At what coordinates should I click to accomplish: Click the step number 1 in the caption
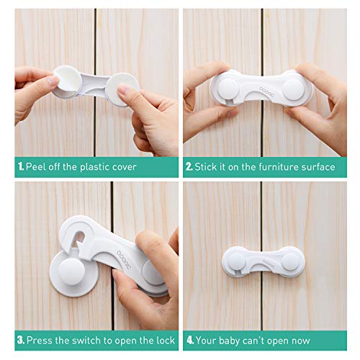click(x=19, y=167)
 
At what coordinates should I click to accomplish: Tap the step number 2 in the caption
click(x=189, y=167)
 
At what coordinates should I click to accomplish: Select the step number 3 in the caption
click(x=20, y=338)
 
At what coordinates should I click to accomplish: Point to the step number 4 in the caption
click(x=189, y=338)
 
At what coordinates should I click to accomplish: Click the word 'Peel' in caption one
click(x=37, y=167)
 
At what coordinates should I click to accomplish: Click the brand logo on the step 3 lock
click(x=124, y=243)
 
